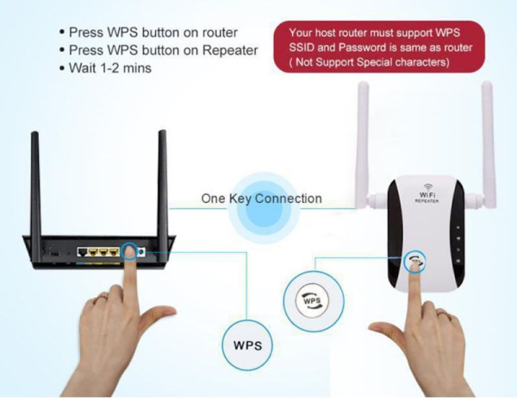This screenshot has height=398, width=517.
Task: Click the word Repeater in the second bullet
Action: [x=230, y=50]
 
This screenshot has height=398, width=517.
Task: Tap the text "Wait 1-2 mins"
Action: [x=110, y=68]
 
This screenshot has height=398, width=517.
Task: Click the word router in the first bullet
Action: [x=220, y=32]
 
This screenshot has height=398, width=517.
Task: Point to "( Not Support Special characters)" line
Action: [x=369, y=62]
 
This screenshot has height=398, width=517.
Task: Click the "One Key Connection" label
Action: [x=261, y=199]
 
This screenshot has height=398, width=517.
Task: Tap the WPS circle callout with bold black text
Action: [x=247, y=345]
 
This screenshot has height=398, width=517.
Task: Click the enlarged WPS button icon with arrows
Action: [x=312, y=301]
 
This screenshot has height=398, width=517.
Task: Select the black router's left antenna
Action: [x=36, y=197]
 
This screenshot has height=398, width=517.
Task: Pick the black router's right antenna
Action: [x=162, y=195]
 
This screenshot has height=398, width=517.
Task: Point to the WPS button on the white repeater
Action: [x=414, y=259]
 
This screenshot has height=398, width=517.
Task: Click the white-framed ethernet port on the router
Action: [x=83, y=252]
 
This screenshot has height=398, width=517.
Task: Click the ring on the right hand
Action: [x=444, y=313]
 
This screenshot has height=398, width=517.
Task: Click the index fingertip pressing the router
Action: [x=129, y=253]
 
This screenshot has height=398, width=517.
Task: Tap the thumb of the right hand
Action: [x=388, y=331]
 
